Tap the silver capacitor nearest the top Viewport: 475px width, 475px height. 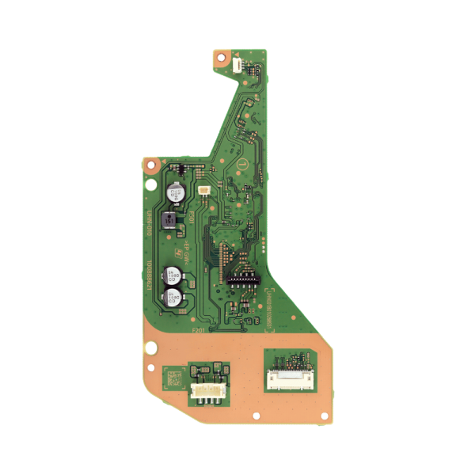point(176,192)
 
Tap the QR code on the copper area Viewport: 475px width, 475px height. point(172,378)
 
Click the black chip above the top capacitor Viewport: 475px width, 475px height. point(179,169)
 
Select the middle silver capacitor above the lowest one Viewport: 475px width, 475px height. point(172,277)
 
